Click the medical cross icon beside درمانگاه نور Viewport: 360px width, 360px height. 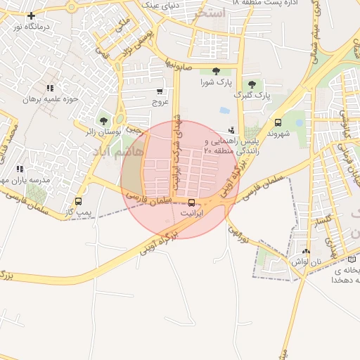point(31,15)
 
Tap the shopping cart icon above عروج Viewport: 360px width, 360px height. point(160,91)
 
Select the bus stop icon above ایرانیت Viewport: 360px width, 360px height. point(192,204)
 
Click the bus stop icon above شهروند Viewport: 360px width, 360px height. point(278,122)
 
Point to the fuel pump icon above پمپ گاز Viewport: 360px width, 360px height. point(78,202)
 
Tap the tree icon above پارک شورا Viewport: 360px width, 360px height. point(215,70)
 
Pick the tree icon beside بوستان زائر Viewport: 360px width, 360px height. point(103,121)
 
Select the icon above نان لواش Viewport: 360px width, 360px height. point(305,251)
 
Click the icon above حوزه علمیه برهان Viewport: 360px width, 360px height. point(50,88)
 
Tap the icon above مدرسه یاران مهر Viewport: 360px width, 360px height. point(20,169)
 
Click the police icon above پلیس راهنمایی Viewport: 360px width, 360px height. point(231,130)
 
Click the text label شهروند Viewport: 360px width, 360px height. point(279,133)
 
